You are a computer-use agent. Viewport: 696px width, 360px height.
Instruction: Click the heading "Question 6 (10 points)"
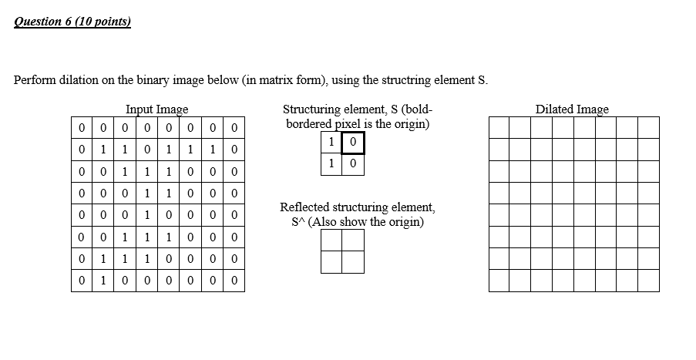(72, 22)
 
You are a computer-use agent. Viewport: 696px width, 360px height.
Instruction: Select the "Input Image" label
(156, 109)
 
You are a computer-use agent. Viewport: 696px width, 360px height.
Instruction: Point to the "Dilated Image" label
(572, 109)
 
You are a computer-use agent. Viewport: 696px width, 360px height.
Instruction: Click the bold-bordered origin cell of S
(353, 143)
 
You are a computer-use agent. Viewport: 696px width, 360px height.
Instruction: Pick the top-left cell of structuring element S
(331, 143)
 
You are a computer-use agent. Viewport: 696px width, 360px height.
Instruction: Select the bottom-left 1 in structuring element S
(331, 163)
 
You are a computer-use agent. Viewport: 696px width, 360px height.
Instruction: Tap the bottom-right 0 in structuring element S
(353, 163)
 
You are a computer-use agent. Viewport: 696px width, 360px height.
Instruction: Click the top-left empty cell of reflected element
(331, 241)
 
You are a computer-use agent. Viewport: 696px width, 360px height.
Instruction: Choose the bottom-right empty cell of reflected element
(352, 262)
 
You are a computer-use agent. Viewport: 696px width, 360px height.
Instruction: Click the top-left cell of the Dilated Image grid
(499, 127)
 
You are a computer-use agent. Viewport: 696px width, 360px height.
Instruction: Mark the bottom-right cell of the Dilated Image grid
(648, 281)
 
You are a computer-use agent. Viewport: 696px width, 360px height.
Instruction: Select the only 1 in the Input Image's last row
(103, 281)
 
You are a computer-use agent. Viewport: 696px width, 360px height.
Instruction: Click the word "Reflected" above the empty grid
(305, 207)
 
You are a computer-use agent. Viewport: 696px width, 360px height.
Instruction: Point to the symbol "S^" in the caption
(298, 222)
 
